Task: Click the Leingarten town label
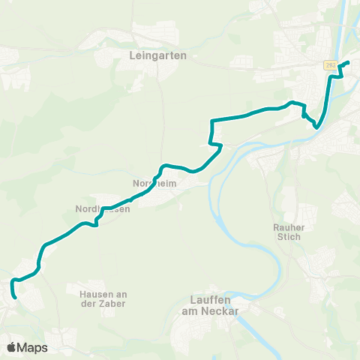coord(157,55)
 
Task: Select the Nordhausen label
coord(103,209)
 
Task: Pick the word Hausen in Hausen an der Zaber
coord(93,294)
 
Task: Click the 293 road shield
coord(330,66)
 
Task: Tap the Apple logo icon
coord(11,347)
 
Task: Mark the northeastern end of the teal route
coord(349,62)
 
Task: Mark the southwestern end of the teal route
coord(14,298)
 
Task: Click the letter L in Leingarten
coord(132,55)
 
